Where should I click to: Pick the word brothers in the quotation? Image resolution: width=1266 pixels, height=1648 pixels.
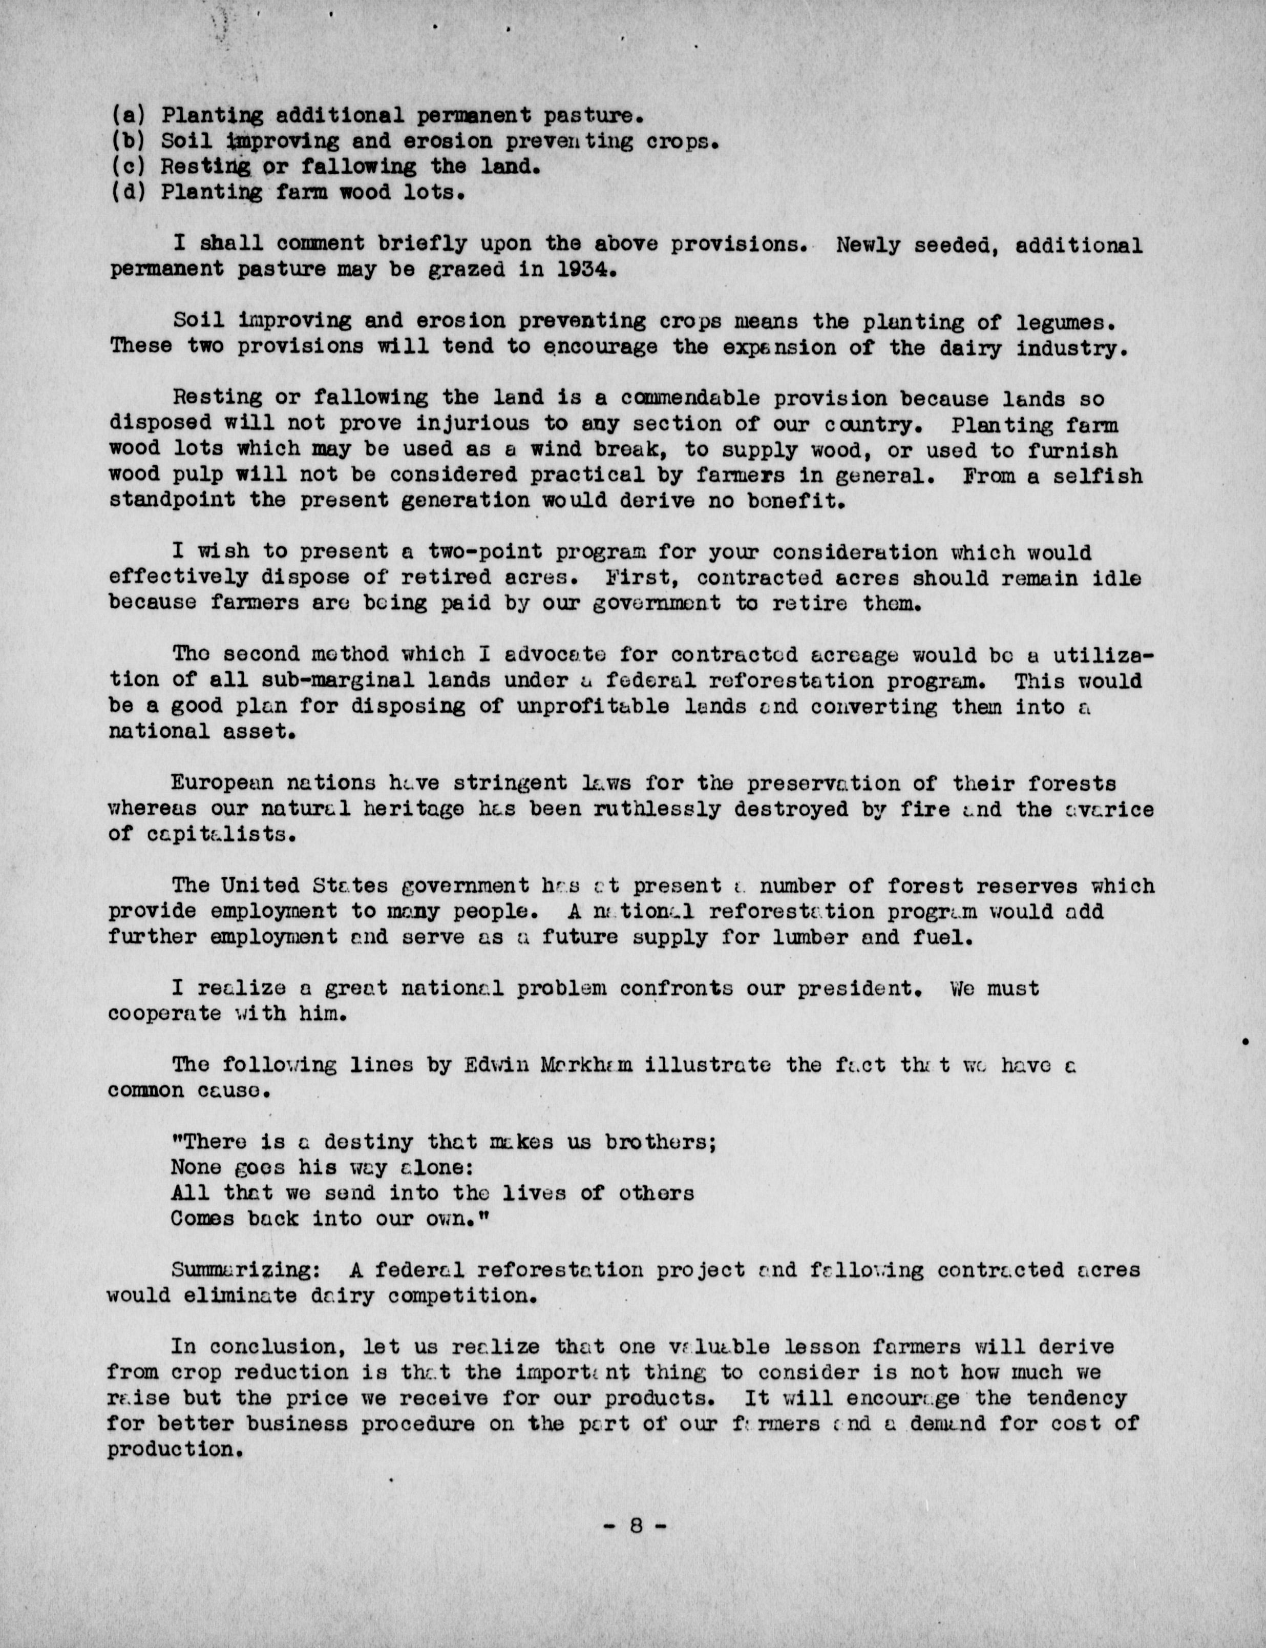pyautogui.click(x=660, y=1141)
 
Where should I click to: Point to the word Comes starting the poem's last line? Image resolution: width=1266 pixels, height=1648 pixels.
pyautogui.click(x=202, y=1218)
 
